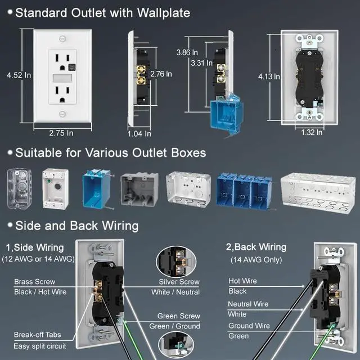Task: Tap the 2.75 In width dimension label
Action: click(x=61, y=133)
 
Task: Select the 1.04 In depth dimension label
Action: click(x=139, y=133)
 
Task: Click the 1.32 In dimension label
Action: click(x=311, y=133)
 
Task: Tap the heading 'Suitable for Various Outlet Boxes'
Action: click(x=110, y=152)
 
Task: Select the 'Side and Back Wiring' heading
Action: click(x=76, y=226)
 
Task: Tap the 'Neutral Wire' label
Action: click(x=249, y=304)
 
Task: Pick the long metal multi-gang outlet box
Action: click(x=318, y=191)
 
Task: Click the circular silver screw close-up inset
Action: click(x=175, y=262)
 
